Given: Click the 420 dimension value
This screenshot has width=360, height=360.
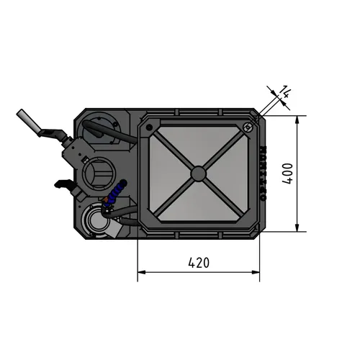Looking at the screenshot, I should (198, 263).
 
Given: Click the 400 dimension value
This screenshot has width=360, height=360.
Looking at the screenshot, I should (287, 174).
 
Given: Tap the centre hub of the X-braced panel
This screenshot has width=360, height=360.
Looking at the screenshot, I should (197, 173).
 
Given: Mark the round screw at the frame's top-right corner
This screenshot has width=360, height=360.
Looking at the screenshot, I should (247, 128).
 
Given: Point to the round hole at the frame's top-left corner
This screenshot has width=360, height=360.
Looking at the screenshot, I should (149, 127).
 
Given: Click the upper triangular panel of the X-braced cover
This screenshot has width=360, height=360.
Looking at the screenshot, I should (197, 144).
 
